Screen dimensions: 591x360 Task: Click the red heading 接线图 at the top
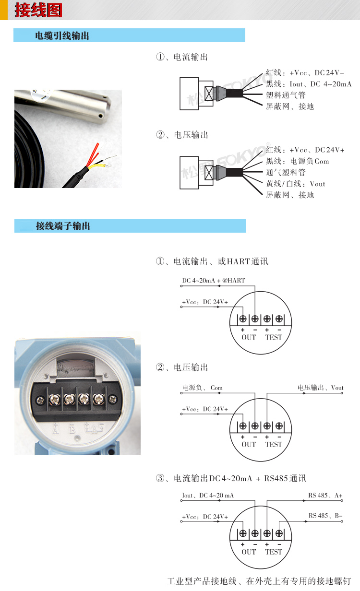[38, 10]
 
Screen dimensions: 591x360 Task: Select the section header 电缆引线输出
[62, 36]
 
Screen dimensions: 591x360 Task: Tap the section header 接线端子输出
[63, 226]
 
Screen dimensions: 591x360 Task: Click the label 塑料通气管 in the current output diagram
[286, 95]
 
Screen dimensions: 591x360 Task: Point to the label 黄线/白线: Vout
[295, 184]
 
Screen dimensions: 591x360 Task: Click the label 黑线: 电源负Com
[297, 161]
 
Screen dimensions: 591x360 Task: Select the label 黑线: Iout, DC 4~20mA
[308, 84]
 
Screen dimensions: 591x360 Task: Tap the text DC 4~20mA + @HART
[213, 281]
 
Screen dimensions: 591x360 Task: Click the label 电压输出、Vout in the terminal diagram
[320, 388]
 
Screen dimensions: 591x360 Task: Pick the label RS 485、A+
[325, 495]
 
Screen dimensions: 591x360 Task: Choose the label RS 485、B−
[325, 516]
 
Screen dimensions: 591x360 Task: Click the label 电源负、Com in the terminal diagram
[202, 388]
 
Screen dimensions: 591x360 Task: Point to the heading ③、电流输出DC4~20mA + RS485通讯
[231, 478]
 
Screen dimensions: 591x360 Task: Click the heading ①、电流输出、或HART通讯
[212, 261]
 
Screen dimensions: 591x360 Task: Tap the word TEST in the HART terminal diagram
[274, 337]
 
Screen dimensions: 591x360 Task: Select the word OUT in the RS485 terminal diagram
[249, 552]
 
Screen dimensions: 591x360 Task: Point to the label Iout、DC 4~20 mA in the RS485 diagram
[208, 495]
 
